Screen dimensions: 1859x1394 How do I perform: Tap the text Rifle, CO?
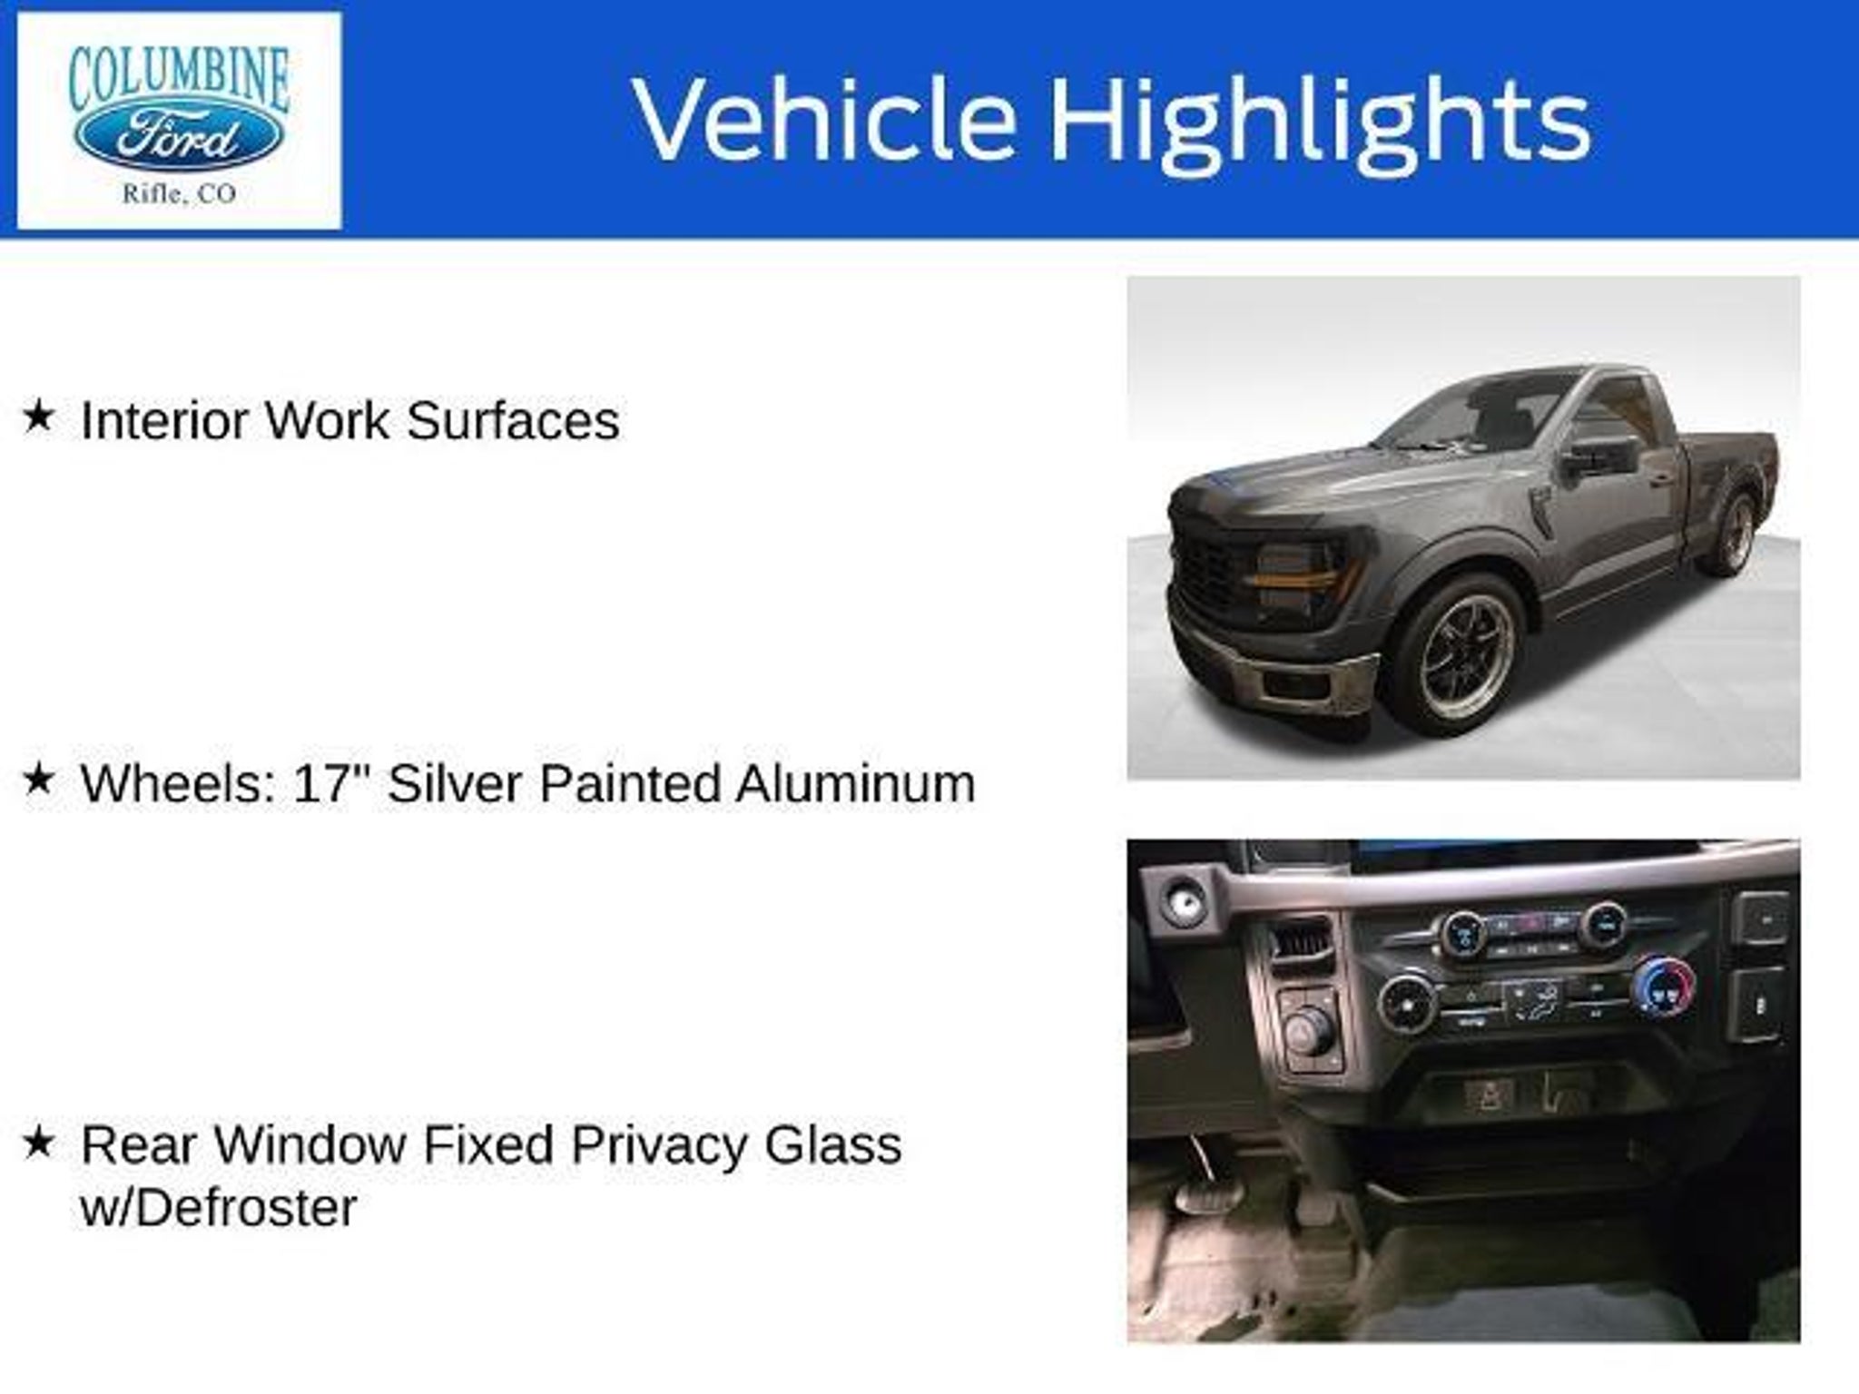(179, 193)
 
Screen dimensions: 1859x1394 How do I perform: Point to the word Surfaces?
(513, 420)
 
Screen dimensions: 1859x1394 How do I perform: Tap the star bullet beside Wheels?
(39, 779)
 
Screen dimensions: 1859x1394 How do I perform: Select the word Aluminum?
(855, 782)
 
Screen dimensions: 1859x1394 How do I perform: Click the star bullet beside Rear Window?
(39, 1142)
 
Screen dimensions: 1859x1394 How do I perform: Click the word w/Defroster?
(219, 1208)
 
